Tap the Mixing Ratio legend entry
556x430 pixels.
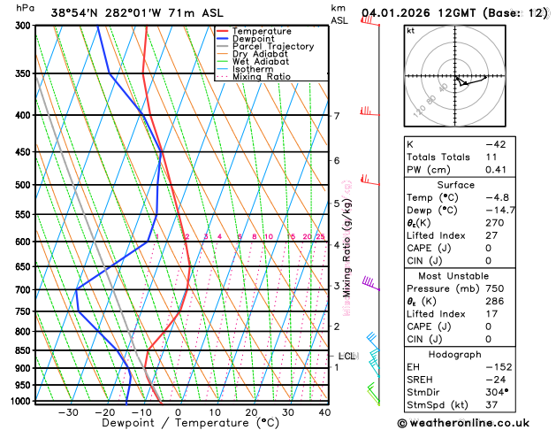(261, 77)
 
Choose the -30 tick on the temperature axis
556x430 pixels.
(67, 411)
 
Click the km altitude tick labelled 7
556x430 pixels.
(336, 116)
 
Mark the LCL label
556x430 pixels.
(347, 356)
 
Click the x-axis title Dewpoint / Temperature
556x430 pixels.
(178, 424)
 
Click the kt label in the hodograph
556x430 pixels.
(410, 30)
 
